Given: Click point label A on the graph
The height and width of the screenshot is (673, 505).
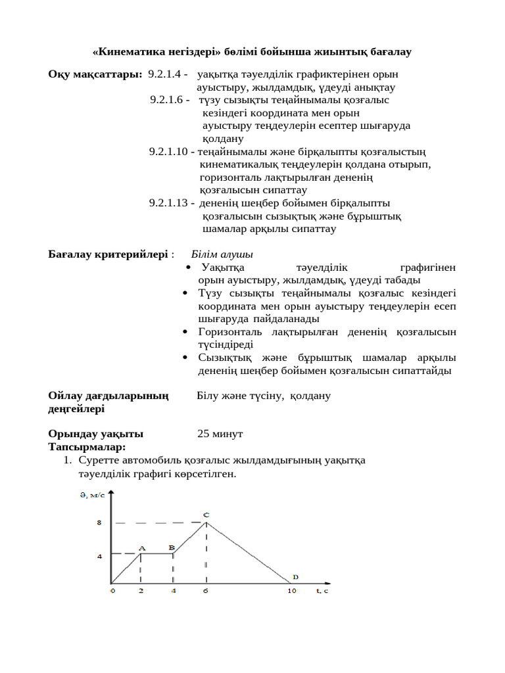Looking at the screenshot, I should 142,547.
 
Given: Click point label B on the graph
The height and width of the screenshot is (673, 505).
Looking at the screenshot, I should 172,547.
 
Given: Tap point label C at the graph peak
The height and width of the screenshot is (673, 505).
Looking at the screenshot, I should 206,515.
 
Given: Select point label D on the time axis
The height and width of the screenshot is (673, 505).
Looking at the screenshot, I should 295,576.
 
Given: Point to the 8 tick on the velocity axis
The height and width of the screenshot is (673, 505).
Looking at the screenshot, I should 99,523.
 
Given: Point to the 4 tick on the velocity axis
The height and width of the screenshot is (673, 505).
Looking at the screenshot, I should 99,556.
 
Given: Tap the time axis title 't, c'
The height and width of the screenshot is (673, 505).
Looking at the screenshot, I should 322,591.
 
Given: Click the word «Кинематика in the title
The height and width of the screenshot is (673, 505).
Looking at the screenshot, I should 124,51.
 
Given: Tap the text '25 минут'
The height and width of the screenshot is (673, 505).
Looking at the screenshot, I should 220,434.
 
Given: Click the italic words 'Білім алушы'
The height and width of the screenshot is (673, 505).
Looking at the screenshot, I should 222,254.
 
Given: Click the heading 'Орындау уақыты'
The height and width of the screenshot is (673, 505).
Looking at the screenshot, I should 95,434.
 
